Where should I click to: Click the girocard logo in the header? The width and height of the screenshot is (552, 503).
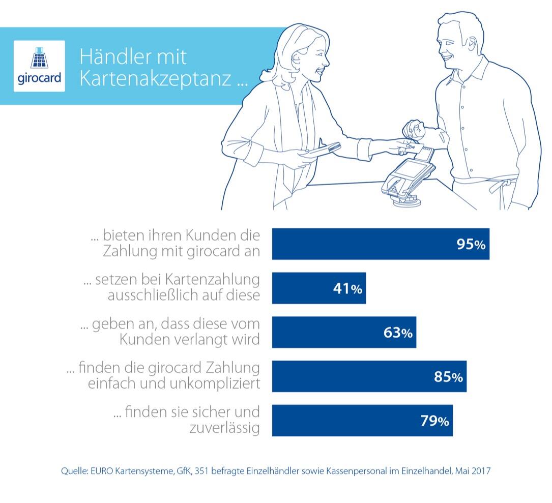pyautogui.click(x=39, y=66)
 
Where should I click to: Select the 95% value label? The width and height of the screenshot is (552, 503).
pyautogui.click(x=471, y=244)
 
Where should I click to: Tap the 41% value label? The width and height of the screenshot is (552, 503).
pyautogui.click(x=348, y=289)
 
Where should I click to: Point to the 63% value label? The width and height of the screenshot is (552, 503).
pyautogui.click(x=398, y=333)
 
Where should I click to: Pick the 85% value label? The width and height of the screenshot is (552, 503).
pyautogui.click(x=448, y=377)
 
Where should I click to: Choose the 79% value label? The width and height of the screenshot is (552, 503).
pyautogui.click(x=434, y=421)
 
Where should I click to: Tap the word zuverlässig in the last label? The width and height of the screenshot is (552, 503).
pyautogui.click(x=224, y=428)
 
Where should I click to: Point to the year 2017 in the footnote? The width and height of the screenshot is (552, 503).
pyautogui.click(x=480, y=471)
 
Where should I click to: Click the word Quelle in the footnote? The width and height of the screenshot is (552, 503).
pyautogui.click(x=73, y=471)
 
